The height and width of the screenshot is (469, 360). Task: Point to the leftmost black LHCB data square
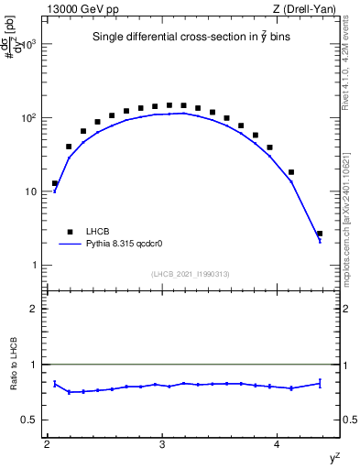point(55,183)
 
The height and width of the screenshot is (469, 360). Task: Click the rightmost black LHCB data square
point(320,234)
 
